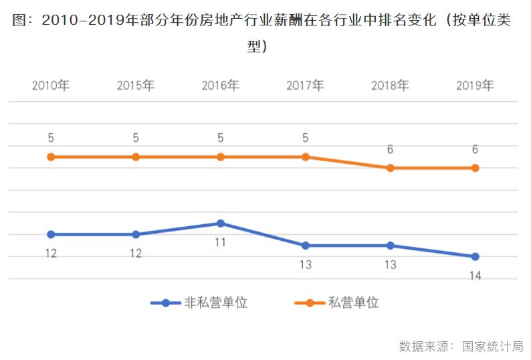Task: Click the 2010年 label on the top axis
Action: point(51,86)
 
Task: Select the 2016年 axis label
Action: point(220,86)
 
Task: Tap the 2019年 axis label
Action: point(475,86)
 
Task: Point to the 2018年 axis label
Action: point(390,86)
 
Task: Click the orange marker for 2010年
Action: point(51,157)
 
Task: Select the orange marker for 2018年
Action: point(390,168)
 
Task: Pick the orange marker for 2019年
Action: point(475,168)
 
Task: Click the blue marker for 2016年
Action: point(220,223)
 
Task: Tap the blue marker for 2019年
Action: point(475,256)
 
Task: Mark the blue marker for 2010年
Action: point(51,234)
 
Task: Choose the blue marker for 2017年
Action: point(305,246)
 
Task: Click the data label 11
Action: point(220,242)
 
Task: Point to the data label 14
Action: point(475,276)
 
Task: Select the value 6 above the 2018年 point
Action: point(390,149)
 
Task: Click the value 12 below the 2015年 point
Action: point(136,254)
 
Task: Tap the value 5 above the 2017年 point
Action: point(305,138)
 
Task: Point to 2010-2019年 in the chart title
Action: point(88,21)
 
